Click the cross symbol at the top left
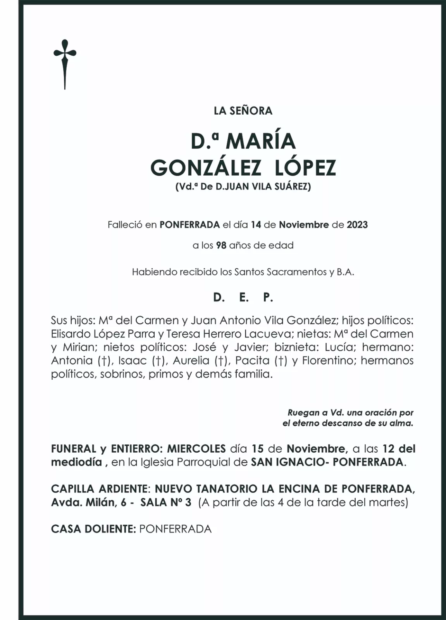65,64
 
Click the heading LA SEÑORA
243,111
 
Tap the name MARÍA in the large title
261,142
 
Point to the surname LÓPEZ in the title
305,168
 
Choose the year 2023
357,225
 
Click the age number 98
221,245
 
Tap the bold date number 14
256,225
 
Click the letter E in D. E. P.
243,298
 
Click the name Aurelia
191,361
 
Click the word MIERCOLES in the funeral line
196,449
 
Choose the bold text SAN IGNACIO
284,462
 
